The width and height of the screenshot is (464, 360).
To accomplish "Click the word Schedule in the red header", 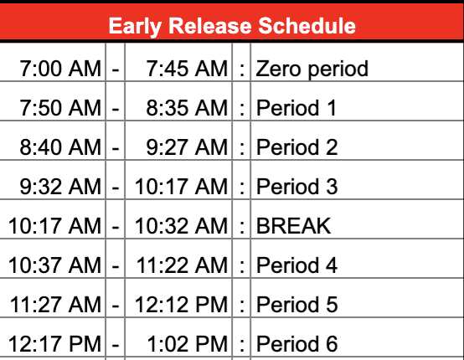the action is coord(307,26).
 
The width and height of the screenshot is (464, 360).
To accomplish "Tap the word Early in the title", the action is coord(135,27).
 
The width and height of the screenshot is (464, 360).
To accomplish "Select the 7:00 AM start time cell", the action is coord(60,69).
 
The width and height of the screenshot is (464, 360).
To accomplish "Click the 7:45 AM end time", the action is coord(187,69).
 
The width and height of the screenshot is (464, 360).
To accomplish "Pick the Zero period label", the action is coord(312,69).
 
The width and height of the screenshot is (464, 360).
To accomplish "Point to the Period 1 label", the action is coord(296,108).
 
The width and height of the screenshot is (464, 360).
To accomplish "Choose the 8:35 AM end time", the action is coord(187,108).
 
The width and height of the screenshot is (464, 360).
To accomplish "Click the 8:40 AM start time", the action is coord(60,147).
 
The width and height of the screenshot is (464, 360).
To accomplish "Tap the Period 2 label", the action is coord(296,147).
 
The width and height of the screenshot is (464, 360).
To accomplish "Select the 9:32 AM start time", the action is coord(60,187).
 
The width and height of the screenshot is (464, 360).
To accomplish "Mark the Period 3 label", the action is coord(296,187).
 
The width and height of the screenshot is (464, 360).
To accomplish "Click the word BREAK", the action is coord(293,226).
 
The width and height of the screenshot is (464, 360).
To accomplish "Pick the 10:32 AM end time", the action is coord(181,226).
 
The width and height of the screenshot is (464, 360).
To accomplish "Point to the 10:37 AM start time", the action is coord(54,265).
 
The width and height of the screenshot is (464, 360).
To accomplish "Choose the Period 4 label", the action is coord(296,265).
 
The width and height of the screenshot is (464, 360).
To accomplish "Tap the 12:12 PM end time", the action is coord(181,305).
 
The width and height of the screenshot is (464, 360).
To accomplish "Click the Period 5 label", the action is coord(296,305).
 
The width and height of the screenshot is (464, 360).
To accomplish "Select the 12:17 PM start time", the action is coord(54,344).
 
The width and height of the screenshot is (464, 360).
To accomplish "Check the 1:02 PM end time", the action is coord(188,344).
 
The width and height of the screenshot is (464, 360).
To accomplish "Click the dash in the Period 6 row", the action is coord(116,345).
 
